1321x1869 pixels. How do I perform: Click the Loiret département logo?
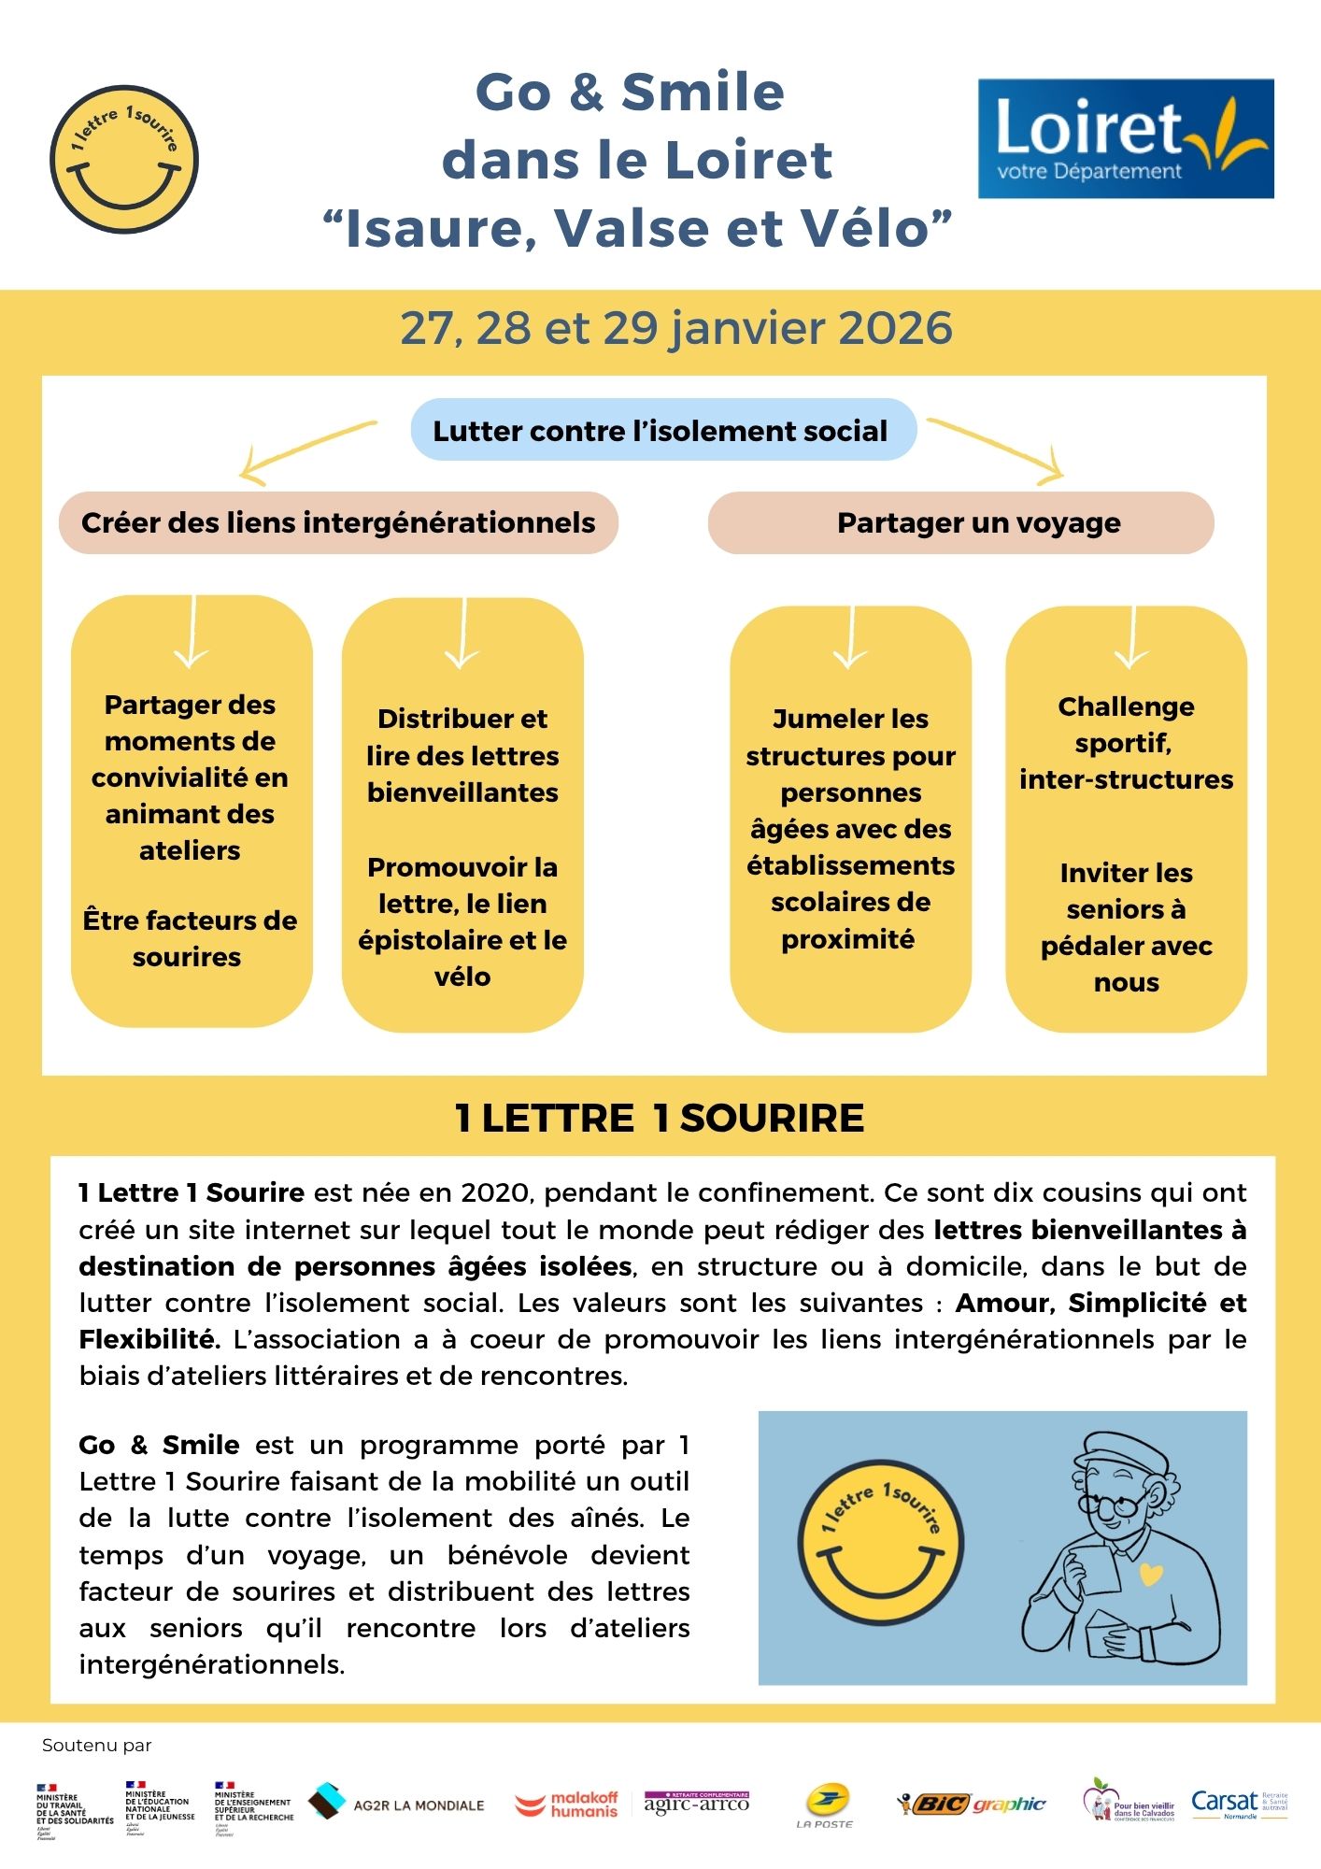[x=1125, y=138]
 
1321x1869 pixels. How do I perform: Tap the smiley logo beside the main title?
[x=124, y=160]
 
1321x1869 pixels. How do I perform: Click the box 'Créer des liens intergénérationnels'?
[x=338, y=522]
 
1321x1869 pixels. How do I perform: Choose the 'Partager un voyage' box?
[x=978, y=522]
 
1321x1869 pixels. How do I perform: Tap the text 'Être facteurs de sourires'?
[x=190, y=938]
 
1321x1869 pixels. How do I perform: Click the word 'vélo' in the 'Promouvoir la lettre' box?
[x=462, y=977]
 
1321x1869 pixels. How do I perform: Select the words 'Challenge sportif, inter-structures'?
[x=1126, y=743]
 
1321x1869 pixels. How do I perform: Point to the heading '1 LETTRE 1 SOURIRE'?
[x=660, y=1118]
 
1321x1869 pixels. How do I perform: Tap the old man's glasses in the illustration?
[x=1115, y=1505]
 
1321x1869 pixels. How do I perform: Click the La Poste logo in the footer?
[x=825, y=1805]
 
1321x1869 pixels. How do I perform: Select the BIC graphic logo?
[x=972, y=1804]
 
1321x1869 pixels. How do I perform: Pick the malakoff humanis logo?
[x=567, y=1805]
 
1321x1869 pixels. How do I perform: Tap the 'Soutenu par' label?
[x=96, y=1746]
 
